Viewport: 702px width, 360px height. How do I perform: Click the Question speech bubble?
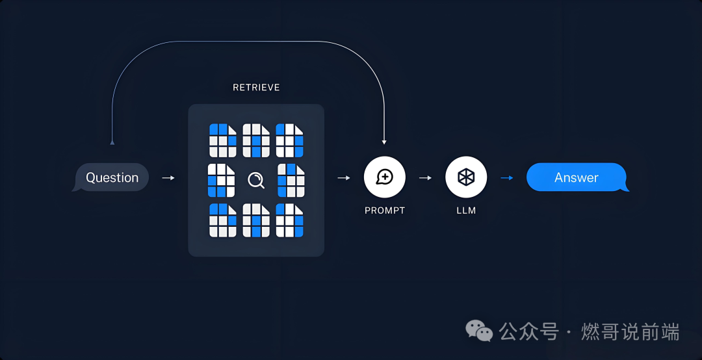[x=112, y=177]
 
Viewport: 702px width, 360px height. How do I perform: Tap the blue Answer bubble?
[x=577, y=177]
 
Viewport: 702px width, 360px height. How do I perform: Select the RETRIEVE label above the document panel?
[x=256, y=87]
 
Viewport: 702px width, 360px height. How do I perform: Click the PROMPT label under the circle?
[x=385, y=211]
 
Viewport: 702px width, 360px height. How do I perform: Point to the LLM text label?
[x=466, y=211]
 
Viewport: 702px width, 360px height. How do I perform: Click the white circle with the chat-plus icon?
[x=385, y=177]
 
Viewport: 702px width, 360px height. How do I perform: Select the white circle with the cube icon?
[x=466, y=177]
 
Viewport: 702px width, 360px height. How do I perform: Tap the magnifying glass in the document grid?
[x=256, y=180]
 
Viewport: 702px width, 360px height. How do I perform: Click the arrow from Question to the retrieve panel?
[x=168, y=177]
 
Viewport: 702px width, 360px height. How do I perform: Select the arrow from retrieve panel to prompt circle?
[x=344, y=177]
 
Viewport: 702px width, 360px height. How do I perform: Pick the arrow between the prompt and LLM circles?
[x=426, y=177]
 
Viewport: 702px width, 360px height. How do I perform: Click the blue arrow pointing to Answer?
[x=507, y=177]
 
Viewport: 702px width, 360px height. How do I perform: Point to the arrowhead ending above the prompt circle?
[x=385, y=140]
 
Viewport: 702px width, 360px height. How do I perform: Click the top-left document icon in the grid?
[x=223, y=140]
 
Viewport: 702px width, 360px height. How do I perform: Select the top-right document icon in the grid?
[x=290, y=140]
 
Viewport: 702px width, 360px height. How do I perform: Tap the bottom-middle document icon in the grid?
[x=256, y=220]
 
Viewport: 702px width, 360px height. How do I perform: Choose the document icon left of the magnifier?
[x=221, y=180]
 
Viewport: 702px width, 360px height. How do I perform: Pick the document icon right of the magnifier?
[x=291, y=180]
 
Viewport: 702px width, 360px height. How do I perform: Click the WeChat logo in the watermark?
[x=479, y=331]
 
